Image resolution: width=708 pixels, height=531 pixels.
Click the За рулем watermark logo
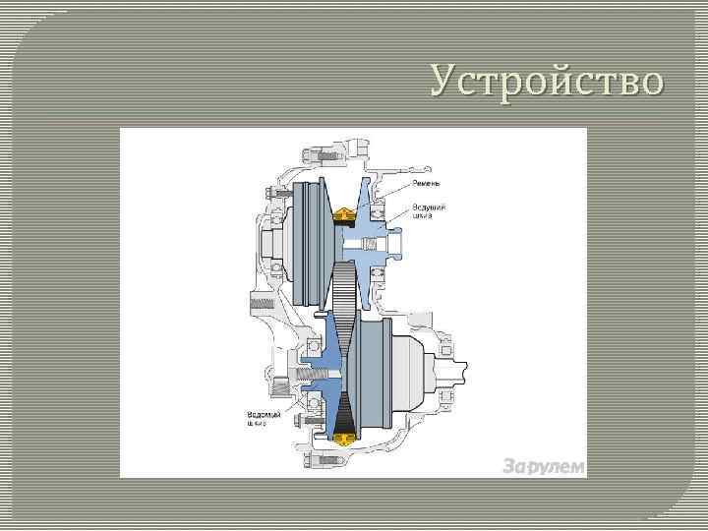[x=543, y=465]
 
